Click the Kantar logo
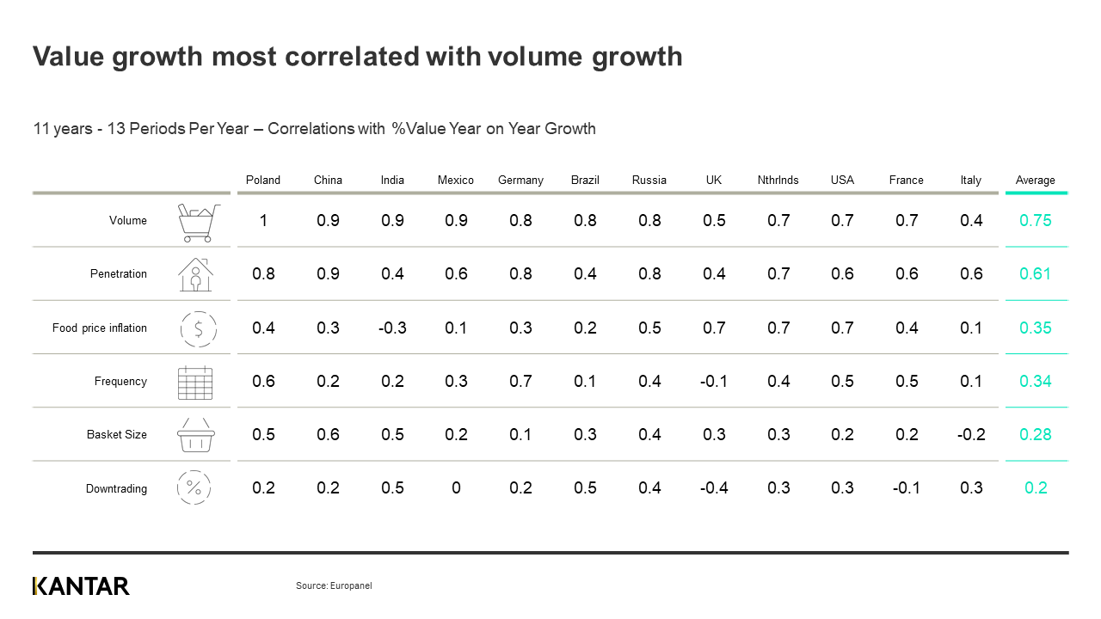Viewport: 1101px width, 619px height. (x=81, y=586)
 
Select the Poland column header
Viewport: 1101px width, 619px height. (x=263, y=180)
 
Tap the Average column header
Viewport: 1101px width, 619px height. (x=1035, y=180)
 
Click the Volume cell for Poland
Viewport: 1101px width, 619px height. (x=263, y=221)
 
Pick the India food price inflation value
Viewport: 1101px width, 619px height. (x=392, y=328)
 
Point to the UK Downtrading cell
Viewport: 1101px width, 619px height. (x=714, y=488)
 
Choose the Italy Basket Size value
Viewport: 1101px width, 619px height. (x=971, y=435)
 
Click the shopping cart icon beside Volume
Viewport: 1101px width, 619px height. (x=196, y=223)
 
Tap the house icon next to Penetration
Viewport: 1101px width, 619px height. (x=195, y=274)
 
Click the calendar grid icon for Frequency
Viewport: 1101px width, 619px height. (x=195, y=383)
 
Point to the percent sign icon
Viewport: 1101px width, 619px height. (x=194, y=488)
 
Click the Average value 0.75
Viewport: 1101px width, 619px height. (x=1035, y=221)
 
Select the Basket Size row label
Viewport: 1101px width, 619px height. (x=116, y=435)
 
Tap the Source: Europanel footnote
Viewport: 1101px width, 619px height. (x=334, y=585)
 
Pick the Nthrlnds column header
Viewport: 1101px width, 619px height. (x=778, y=180)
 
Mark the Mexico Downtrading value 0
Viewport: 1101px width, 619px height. (x=456, y=488)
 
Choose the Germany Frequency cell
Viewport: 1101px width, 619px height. (x=520, y=382)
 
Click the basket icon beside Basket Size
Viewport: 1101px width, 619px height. (x=195, y=435)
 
